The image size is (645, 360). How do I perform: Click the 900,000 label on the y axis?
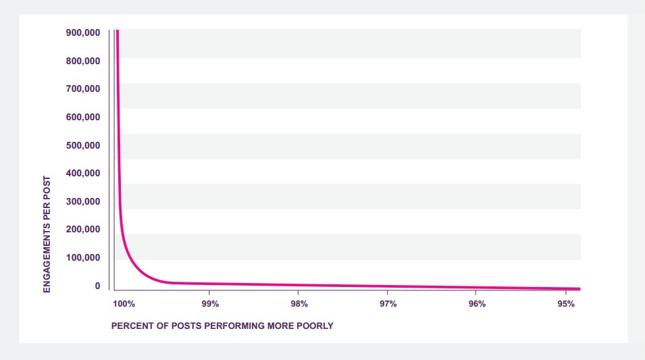(x=83, y=32)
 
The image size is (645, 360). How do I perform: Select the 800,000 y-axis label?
(x=83, y=61)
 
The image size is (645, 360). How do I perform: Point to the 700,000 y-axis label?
(x=83, y=88)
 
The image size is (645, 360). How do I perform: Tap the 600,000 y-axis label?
(x=83, y=117)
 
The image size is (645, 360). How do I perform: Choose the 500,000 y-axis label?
(x=83, y=145)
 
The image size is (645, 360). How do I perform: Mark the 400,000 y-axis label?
(x=83, y=173)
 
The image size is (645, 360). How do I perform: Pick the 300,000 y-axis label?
(x=83, y=201)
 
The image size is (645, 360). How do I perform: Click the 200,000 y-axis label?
(x=83, y=229)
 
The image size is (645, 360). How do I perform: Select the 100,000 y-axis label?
(x=83, y=257)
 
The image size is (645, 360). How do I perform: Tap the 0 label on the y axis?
(x=97, y=286)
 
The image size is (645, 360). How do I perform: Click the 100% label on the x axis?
(x=124, y=304)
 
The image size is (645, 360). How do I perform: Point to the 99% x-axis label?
(x=210, y=304)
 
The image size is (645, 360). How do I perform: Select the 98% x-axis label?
(x=299, y=304)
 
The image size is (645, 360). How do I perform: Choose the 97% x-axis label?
(x=388, y=304)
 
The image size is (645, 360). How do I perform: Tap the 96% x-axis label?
(x=477, y=304)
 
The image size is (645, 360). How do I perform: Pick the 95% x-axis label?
(x=565, y=304)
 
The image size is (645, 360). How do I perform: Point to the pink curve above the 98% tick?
(x=299, y=285)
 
